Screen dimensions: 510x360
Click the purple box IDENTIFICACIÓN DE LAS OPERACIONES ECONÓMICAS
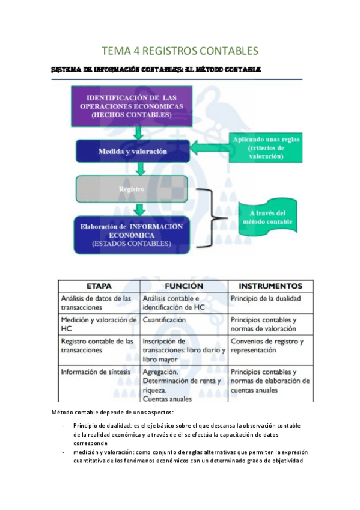(x=132, y=106)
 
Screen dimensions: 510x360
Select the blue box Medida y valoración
(x=133, y=152)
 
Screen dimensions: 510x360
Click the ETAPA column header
(x=99, y=286)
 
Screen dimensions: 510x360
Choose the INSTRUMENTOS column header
(x=270, y=286)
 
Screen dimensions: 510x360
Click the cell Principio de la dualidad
(x=266, y=298)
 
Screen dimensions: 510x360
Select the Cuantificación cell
(x=164, y=321)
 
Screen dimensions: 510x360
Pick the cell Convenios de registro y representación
(x=267, y=345)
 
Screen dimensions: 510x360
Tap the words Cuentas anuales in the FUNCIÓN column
(x=167, y=398)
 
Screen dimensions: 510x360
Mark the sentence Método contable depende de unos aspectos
(x=112, y=412)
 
